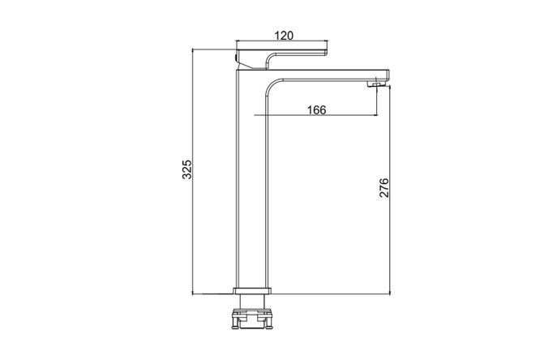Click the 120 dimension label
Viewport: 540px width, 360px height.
pyautogui.click(x=284, y=35)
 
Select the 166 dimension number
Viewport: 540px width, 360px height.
pyautogui.click(x=316, y=110)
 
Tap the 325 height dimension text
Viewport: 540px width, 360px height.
pyautogui.click(x=186, y=169)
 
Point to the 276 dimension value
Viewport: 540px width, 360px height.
pyautogui.click(x=384, y=188)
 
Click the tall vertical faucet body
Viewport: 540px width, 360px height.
pyautogui.click(x=251, y=179)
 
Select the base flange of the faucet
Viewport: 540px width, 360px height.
pyautogui.click(x=252, y=291)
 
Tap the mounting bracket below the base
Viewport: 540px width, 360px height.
pyautogui.click(x=252, y=319)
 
